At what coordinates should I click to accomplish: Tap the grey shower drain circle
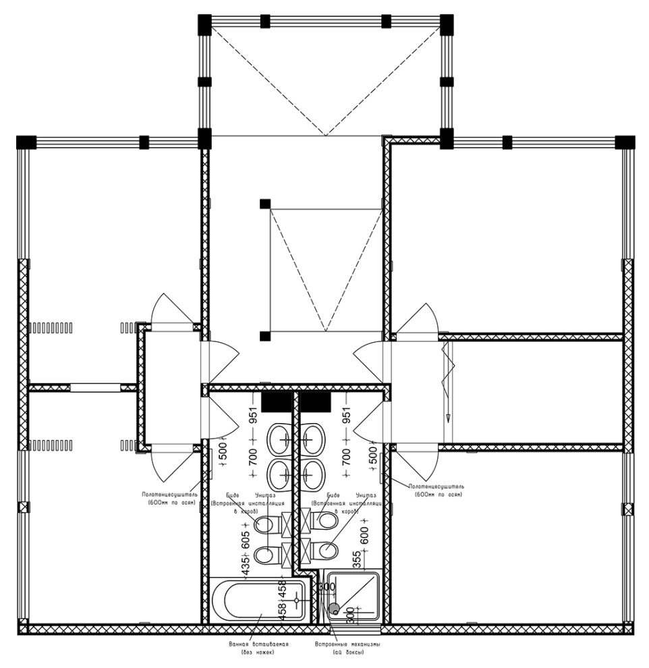pos(335,610)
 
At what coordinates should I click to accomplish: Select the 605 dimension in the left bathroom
pos(246,538)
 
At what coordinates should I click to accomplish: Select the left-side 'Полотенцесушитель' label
pos(169,495)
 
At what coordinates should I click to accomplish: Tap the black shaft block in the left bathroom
pos(276,401)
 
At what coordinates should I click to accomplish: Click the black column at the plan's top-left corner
pos(25,142)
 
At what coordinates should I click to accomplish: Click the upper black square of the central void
pos(264,204)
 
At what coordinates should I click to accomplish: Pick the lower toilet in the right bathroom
pos(328,550)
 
